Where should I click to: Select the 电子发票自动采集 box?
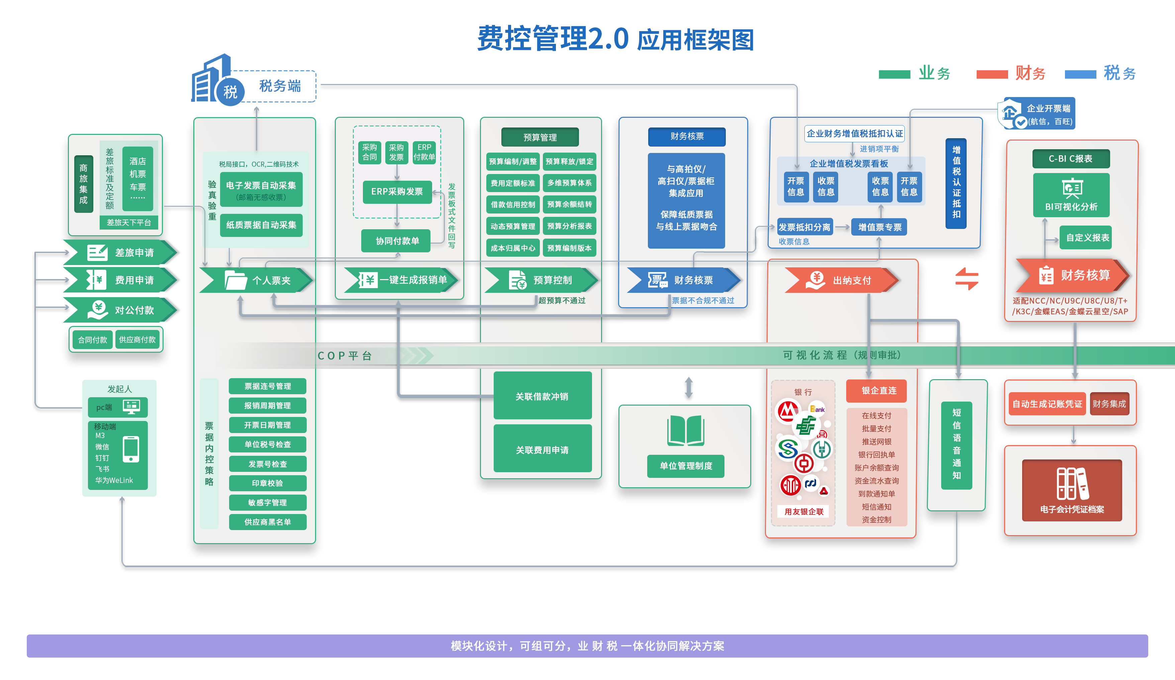261,189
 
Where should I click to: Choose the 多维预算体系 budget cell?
569,183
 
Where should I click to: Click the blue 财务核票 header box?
686,136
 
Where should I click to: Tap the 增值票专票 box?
879,227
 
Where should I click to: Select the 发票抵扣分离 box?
804,227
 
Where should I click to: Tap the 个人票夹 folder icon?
235,280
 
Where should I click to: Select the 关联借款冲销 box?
542,396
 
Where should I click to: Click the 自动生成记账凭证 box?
1047,404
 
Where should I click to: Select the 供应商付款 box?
137,340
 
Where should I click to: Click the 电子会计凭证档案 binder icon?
1072,483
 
